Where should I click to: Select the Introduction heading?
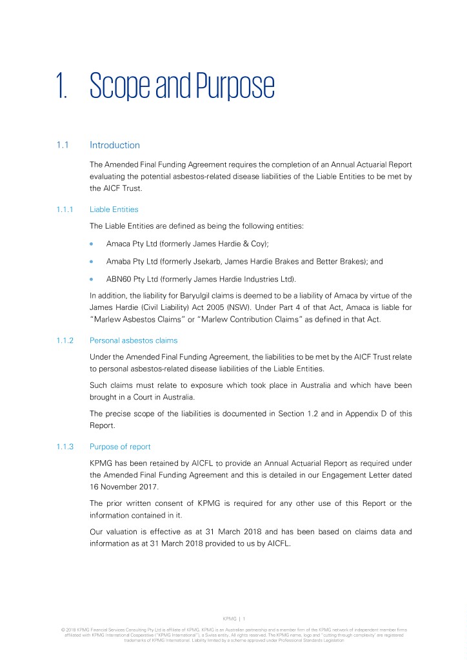click(115, 145)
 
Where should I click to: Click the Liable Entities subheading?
click(114, 209)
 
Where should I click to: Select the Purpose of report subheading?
click(121, 447)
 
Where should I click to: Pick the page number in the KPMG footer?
click(244, 617)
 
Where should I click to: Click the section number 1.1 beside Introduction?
click(63, 145)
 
